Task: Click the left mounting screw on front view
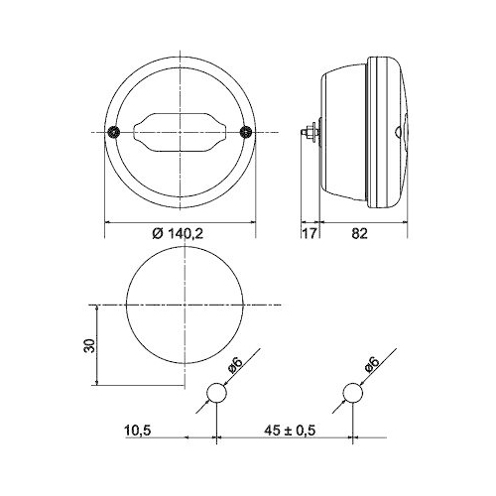[116, 133]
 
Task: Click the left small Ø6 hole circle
[216, 394]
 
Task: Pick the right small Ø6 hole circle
[352, 394]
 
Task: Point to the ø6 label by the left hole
[234, 366]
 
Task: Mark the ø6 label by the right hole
[370, 366]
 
